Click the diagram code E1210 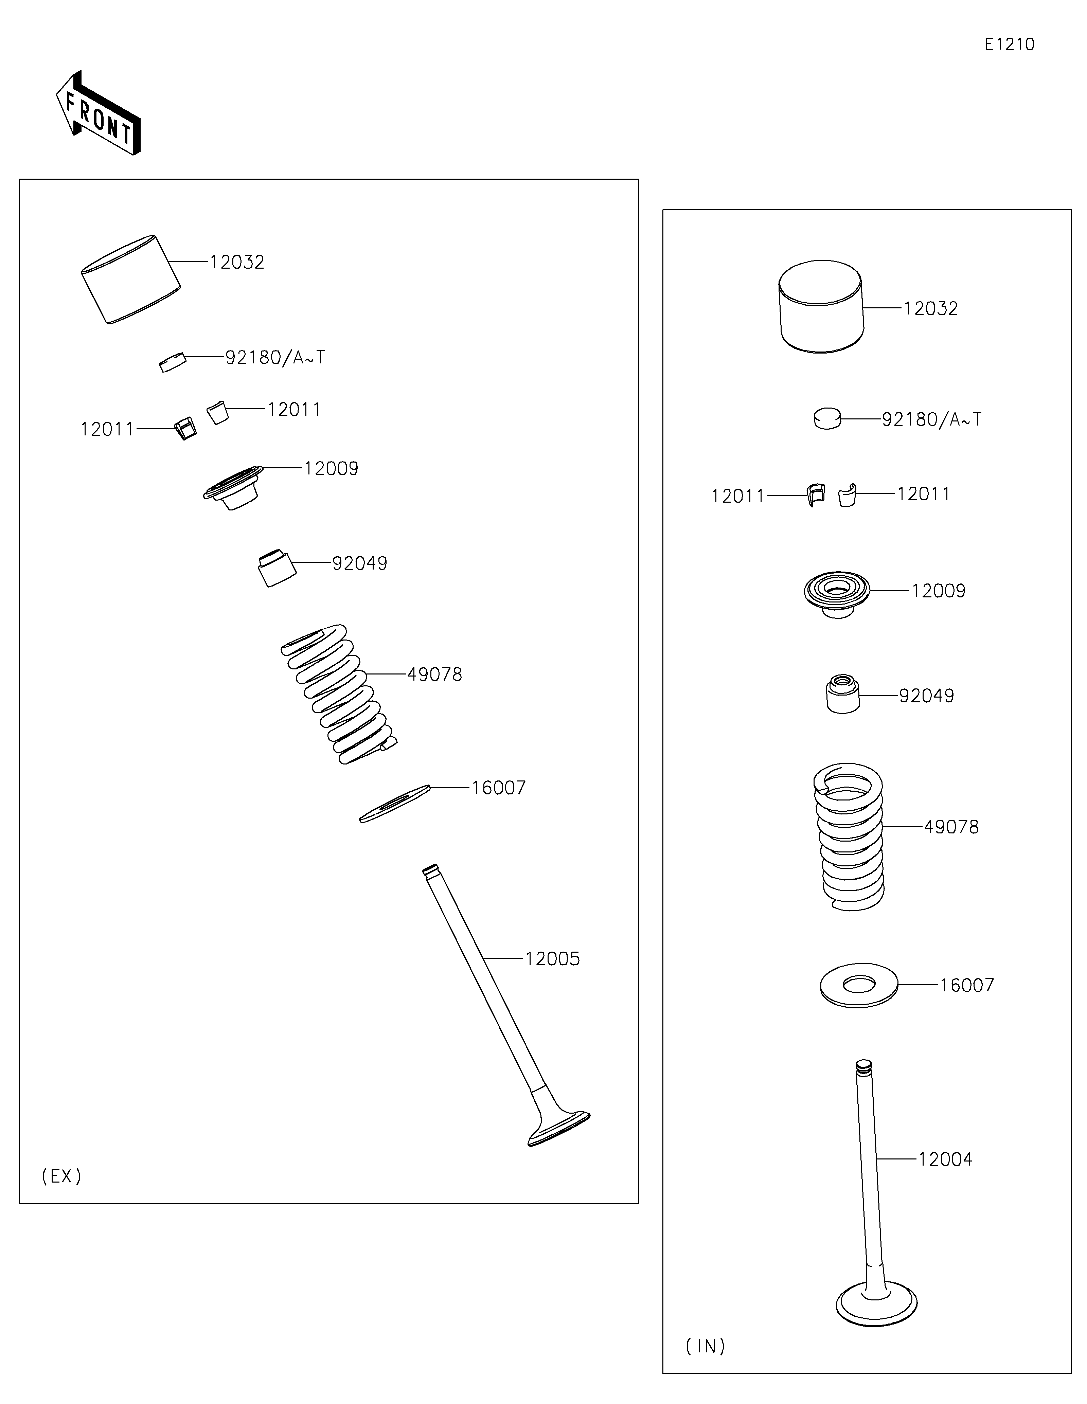[x=1009, y=44]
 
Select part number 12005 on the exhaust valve [x=552, y=958]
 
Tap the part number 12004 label [x=945, y=1159]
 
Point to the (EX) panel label [x=62, y=1176]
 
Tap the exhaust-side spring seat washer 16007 [x=394, y=804]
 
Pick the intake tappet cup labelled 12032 [x=821, y=307]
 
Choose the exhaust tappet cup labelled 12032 [x=130, y=279]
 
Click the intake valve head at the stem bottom [x=876, y=1304]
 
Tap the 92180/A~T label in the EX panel [x=275, y=357]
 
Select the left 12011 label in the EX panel [x=107, y=429]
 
